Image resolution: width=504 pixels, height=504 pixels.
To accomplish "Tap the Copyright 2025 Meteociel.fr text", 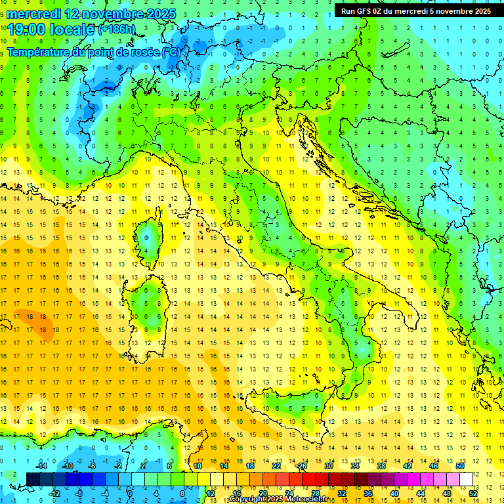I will (278, 499).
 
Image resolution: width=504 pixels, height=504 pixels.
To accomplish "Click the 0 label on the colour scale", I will (130, 493).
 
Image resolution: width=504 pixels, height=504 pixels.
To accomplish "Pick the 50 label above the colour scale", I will (459, 465).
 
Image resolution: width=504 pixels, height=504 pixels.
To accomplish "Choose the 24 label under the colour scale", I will (289, 493).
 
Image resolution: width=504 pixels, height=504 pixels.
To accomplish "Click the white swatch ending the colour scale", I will (466, 479).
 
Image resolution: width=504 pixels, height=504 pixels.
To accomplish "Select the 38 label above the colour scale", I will (381, 465).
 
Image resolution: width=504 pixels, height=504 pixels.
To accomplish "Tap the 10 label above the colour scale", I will (198, 465).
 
